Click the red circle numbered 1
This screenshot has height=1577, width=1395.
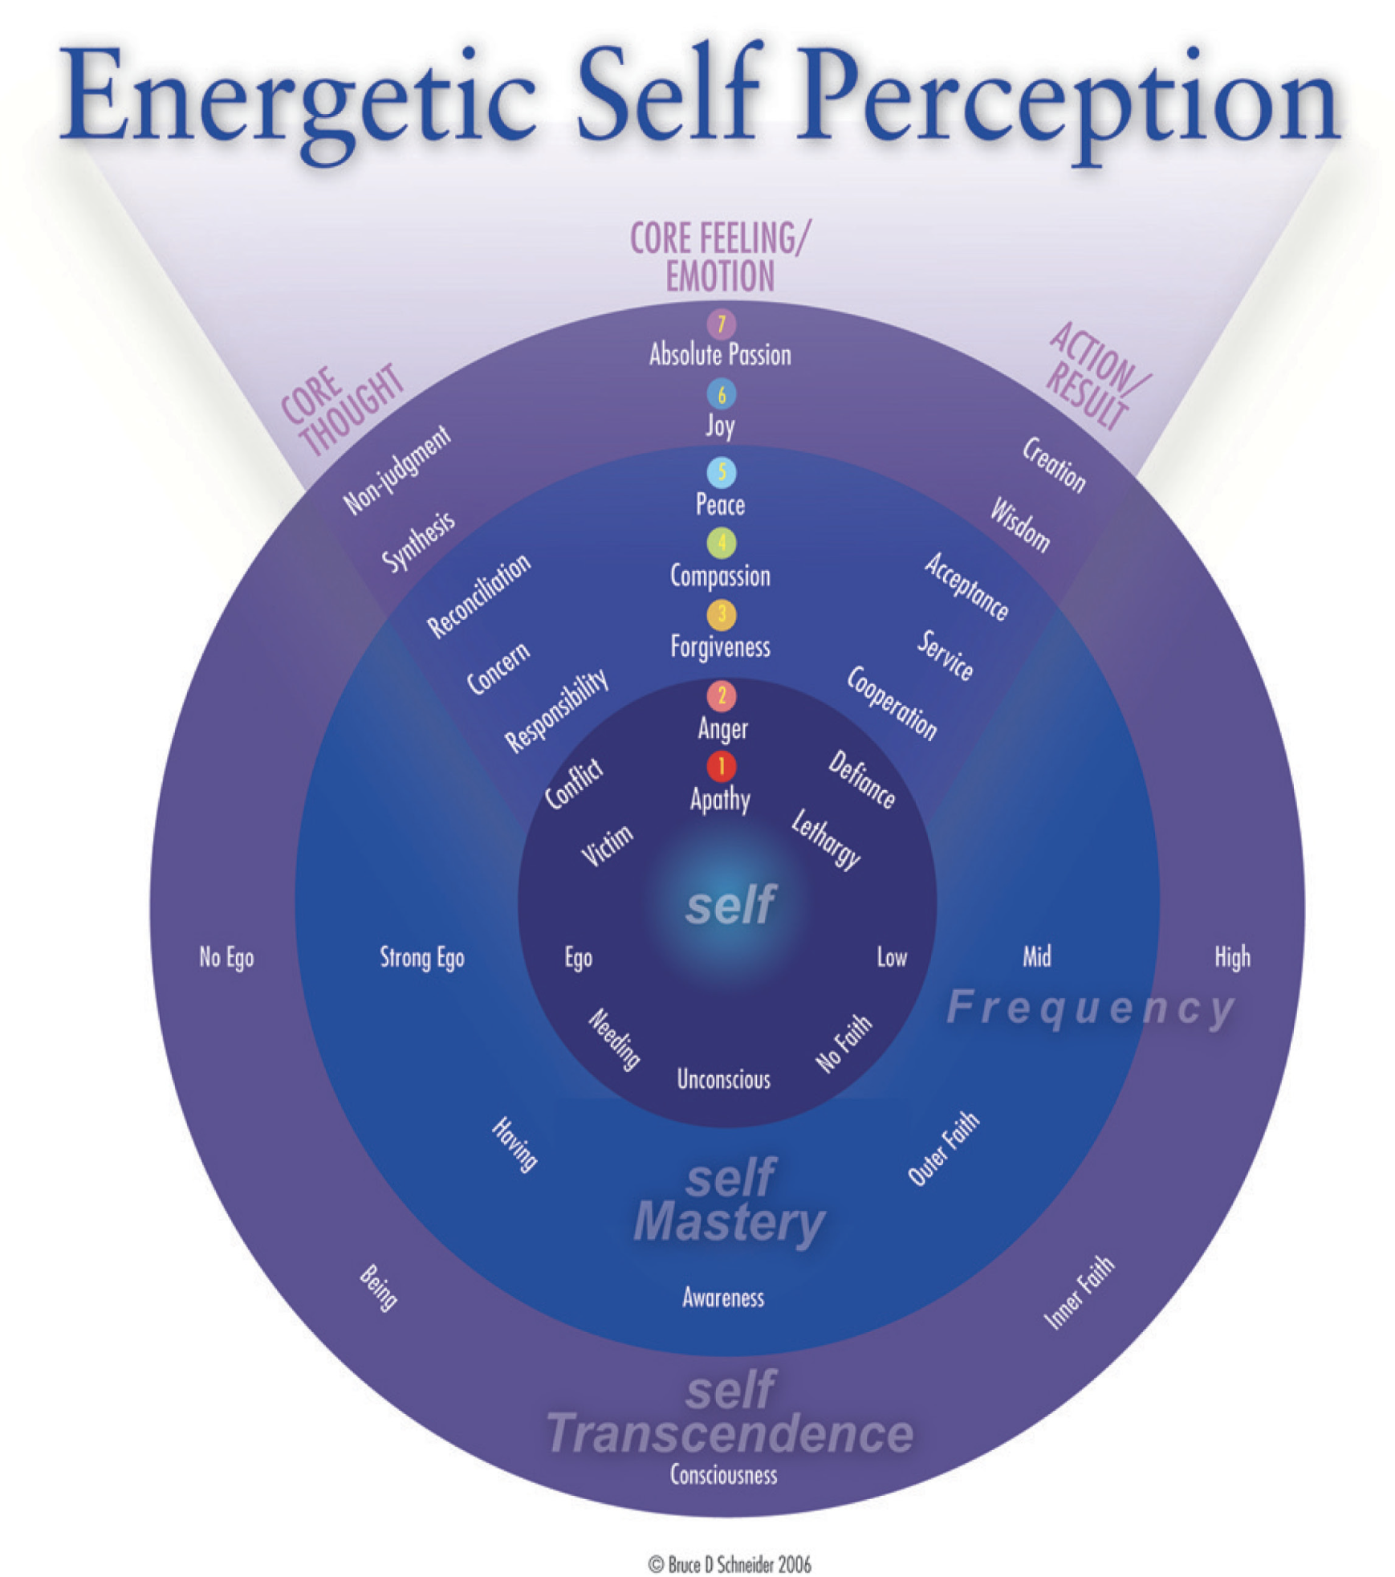pyautogui.click(x=721, y=766)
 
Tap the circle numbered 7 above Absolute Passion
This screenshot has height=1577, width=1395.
pyautogui.click(x=721, y=324)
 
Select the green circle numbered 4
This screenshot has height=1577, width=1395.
pyautogui.click(x=721, y=544)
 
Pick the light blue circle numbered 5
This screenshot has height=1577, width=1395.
pyautogui.click(x=721, y=472)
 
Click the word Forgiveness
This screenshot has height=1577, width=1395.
pyautogui.click(x=720, y=646)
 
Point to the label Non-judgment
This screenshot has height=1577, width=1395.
pyautogui.click(x=397, y=470)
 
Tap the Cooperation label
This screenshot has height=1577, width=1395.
pyautogui.click(x=891, y=703)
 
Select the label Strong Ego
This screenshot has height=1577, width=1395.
pyautogui.click(x=421, y=957)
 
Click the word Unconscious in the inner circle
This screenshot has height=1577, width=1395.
pyautogui.click(x=723, y=1079)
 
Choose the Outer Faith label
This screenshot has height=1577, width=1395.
pyautogui.click(x=943, y=1148)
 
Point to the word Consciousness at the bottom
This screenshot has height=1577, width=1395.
pyautogui.click(x=723, y=1475)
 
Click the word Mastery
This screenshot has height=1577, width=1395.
pyautogui.click(x=729, y=1222)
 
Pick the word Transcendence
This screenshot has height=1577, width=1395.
pyautogui.click(x=729, y=1433)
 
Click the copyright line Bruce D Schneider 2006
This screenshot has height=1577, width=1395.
pyautogui.click(x=729, y=1564)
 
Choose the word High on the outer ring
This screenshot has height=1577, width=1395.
pyautogui.click(x=1231, y=957)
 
